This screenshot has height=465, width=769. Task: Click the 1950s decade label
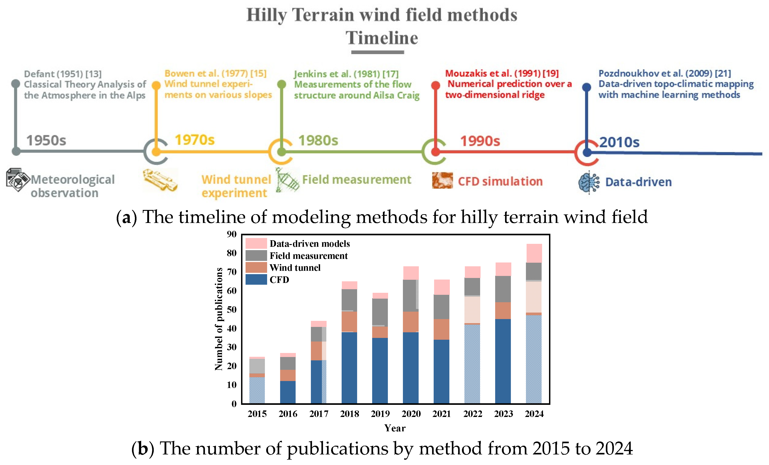(46, 141)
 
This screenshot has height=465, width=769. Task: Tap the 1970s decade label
(195, 140)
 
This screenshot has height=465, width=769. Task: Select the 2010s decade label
(619, 142)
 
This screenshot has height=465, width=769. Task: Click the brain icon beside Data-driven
(589, 182)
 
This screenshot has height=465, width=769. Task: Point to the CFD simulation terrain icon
(442, 180)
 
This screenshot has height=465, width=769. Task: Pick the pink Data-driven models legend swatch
(256, 243)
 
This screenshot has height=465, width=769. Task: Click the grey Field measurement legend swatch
(256, 256)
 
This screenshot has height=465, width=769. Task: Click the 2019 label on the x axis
(380, 414)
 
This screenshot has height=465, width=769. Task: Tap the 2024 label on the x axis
(534, 414)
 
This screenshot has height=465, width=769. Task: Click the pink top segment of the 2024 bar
(534, 253)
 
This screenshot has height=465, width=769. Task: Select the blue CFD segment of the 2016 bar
(288, 392)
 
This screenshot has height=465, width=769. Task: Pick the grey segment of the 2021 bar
(441, 307)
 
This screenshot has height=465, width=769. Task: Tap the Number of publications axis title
(219, 319)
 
